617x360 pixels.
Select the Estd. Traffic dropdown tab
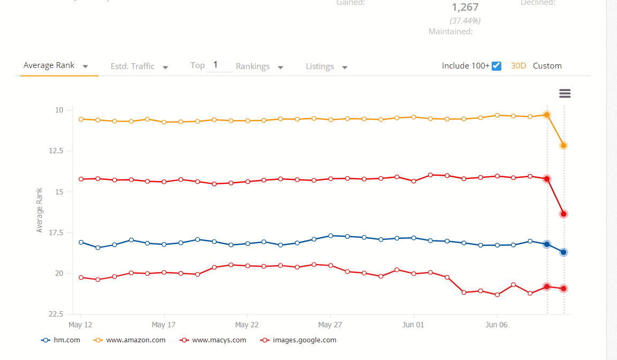pyautogui.click(x=139, y=66)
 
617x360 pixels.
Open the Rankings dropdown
pyautogui.click(x=259, y=66)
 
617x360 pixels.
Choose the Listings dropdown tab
pyautogui.click(x=327, y=66)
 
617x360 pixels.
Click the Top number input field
pyautogui.click(x=219, y=65)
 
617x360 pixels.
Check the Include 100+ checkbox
pyautogui.click(x=496, y=66)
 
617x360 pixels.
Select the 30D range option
pyautogui.click(x=518, y=66)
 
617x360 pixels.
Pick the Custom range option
pyautogui.click(x=547, y=66)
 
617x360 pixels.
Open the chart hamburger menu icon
pyautogui.click(x=565, y=94)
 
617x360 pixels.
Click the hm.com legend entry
pyautogui.click(x=61, y=340)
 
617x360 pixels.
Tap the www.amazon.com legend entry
pyautogui.click(x=130, y=340)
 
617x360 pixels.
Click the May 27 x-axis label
pyautogui.click(x=330, y=325)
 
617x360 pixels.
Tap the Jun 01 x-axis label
pyautogui.click(x=413, y=325)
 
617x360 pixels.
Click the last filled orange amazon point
pyautogui.click(x=563, y=145)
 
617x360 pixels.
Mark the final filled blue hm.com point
pyautogui.click(x=563, y=252)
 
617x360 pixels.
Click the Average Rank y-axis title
pyautogui.click(x=39, y=209)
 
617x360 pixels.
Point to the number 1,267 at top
pyautogui.click(x=465, y=7)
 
